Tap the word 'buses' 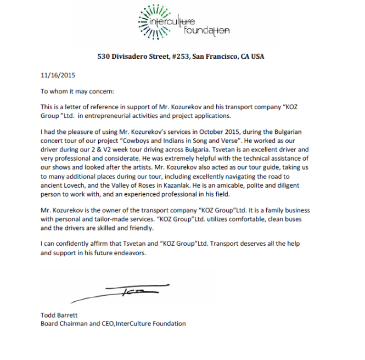coord(294,218)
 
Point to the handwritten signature coord(121,293)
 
